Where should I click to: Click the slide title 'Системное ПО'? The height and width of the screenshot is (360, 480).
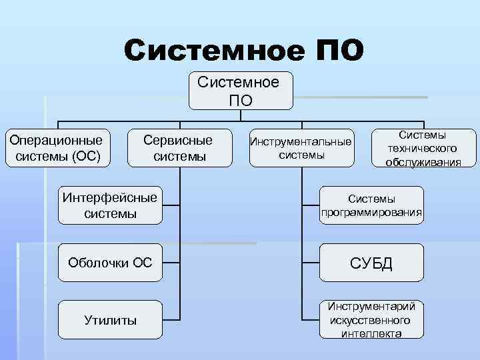243,51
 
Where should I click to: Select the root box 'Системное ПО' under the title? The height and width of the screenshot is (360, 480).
241,91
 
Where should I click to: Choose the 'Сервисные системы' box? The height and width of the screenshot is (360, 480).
179,149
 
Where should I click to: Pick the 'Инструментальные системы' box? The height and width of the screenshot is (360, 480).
301,148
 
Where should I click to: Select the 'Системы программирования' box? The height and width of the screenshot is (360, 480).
371,205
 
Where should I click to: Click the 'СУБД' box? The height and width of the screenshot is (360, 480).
371,263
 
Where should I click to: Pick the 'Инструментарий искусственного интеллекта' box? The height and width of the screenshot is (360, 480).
371,320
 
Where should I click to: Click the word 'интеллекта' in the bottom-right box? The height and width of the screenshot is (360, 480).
371,333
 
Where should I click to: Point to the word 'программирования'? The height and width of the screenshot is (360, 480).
371,213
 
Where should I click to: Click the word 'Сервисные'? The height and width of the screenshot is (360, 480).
179,141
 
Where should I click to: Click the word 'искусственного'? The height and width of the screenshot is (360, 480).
371,320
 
